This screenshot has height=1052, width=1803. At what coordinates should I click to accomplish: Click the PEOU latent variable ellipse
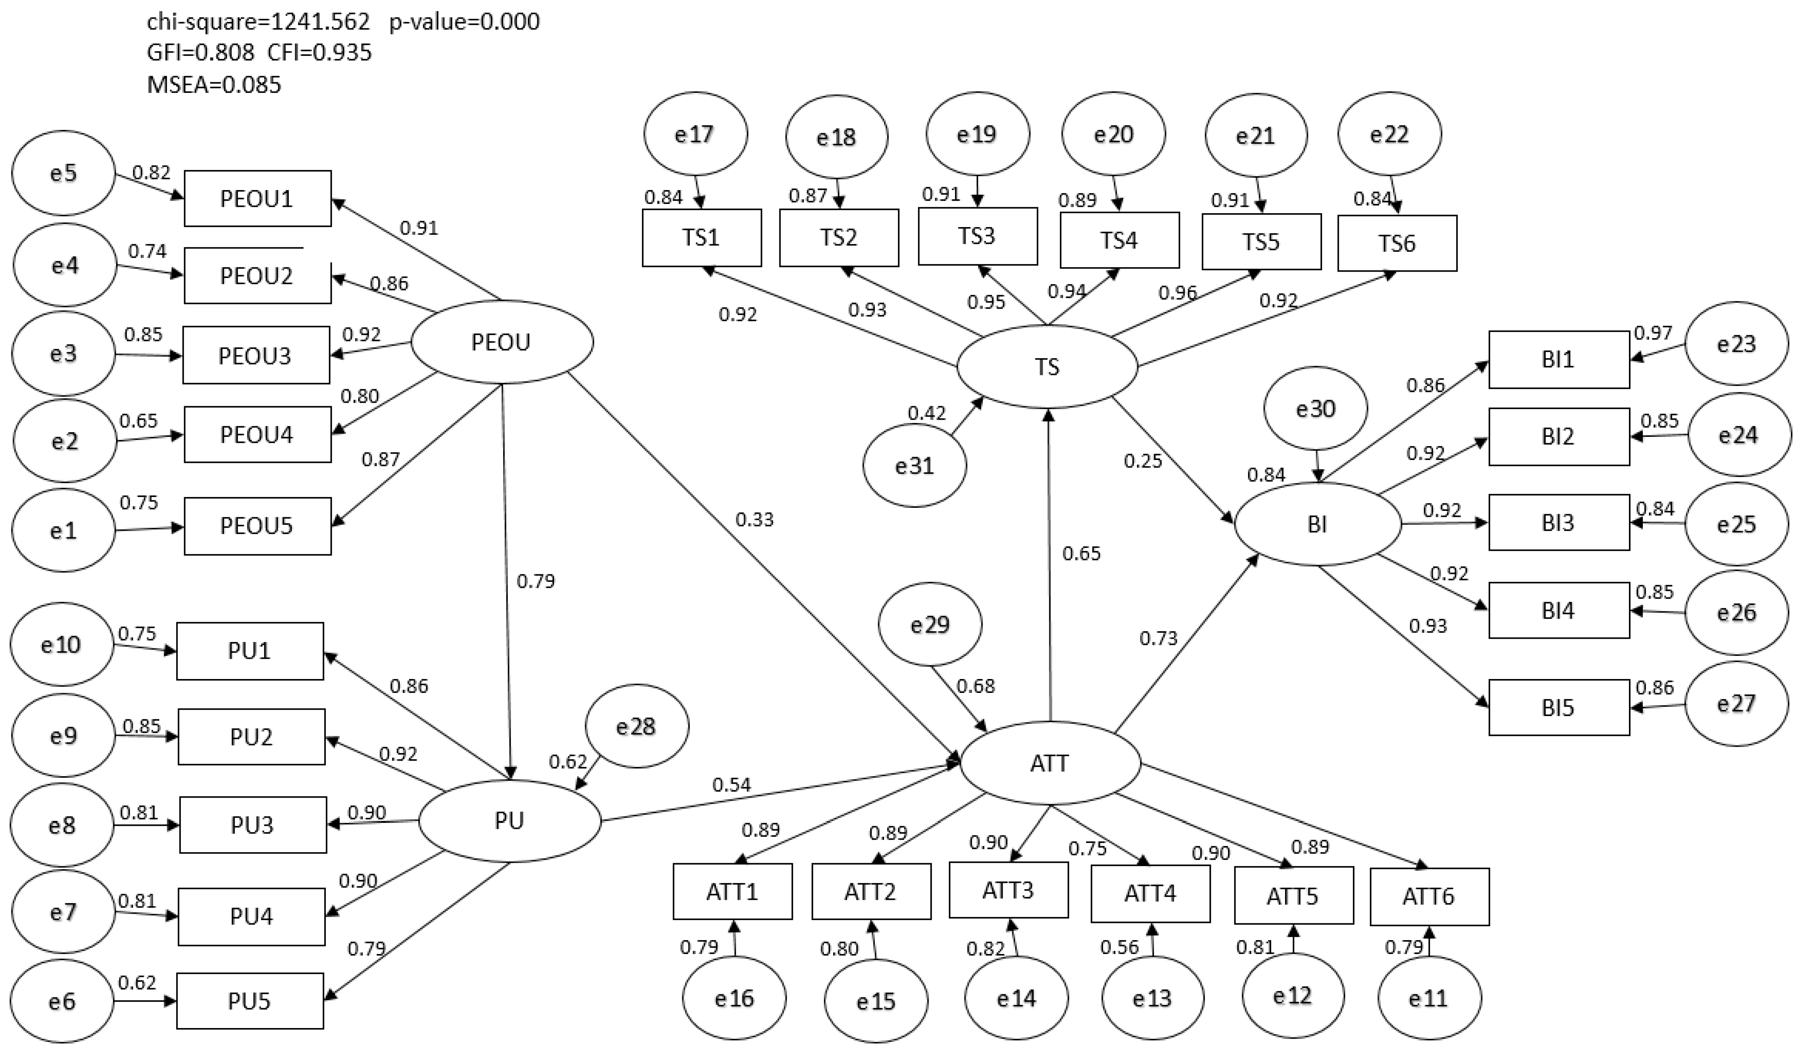[501, 342]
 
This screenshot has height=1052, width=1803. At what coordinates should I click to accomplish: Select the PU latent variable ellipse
[509, 820]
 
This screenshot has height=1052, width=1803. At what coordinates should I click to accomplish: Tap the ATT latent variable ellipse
[1050, 763]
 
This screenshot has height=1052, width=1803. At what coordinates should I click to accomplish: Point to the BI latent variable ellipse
[1317, 524]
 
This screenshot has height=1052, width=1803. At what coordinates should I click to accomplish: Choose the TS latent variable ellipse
[1047, 366]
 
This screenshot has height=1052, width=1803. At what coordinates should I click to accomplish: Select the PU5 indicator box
[250, 1000]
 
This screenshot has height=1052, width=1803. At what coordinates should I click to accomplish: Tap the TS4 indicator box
[1119, 240]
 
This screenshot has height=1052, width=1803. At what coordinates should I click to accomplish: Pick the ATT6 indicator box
[1429, 896]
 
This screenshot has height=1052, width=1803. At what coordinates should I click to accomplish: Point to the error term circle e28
[636, 727]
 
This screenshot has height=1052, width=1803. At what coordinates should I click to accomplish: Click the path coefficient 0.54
[731, 784]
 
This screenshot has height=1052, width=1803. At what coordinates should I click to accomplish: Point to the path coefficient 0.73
[1159, 638]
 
